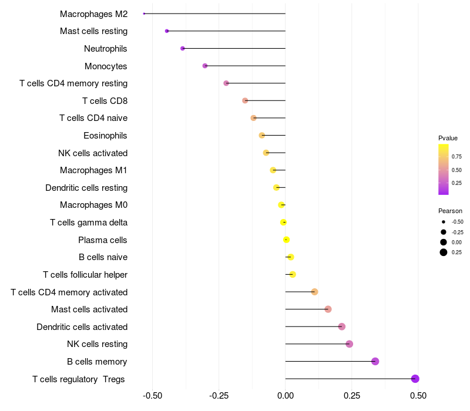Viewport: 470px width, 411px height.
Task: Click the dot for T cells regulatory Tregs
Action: pos(415,379)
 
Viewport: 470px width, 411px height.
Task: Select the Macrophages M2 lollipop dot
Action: pos(144,14)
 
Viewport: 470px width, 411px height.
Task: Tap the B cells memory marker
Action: pos(375,362)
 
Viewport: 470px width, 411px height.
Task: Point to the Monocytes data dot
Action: pos(205,66)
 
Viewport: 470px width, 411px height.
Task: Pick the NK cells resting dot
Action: pos(350,344)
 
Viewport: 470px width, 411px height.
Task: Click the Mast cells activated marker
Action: pos(328,309)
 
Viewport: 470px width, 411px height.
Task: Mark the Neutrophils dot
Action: pos(183,48)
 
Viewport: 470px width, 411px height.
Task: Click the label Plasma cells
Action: pos(103,240)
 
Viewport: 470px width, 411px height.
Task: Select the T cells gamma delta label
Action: pos(89,223)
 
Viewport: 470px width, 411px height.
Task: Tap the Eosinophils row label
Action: pos(105,136)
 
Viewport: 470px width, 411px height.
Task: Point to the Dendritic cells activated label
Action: pos(82,327)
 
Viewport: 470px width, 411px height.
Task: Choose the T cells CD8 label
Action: pos(105,101)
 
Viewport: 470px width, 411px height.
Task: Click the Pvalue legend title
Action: pos(448,138)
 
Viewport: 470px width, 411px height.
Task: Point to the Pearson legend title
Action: pos(450,211)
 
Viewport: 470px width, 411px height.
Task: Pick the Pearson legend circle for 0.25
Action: pos(443,252)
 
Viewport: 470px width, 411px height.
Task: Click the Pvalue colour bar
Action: pos(444,169)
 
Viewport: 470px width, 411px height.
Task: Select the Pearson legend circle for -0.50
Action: pos(443,222)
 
